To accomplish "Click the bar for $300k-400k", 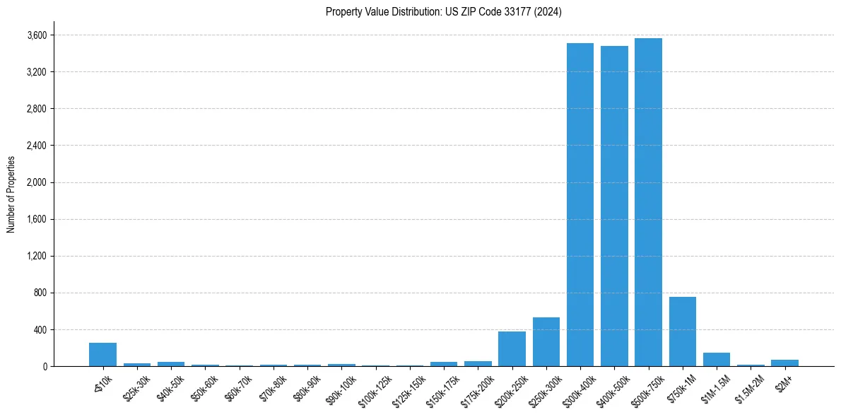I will click(580, 205).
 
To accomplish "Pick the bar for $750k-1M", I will click(682, 331).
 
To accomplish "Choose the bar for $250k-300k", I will click(546, 342).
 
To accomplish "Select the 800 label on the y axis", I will click(40, 293).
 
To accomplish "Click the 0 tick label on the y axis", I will click(45, 366).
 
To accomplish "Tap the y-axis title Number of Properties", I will click(11, 194).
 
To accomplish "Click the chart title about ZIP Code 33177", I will click(444, 12).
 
